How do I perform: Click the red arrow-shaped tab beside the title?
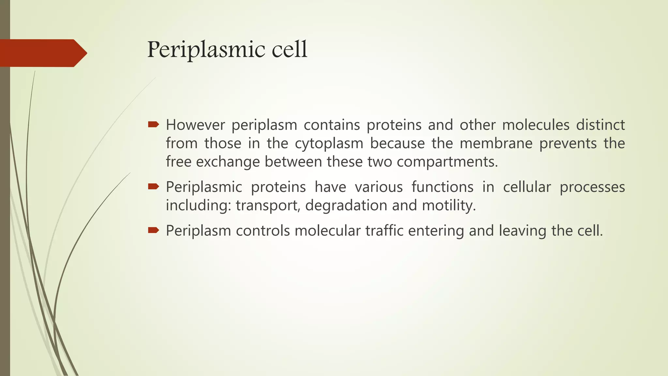click(42, 53)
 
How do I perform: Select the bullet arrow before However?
click(153, 124)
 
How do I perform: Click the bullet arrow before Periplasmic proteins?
click(153, 186)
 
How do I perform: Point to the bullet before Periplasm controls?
click(153, 230)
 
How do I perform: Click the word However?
click(195, 125)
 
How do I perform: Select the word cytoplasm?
click(329, 144)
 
